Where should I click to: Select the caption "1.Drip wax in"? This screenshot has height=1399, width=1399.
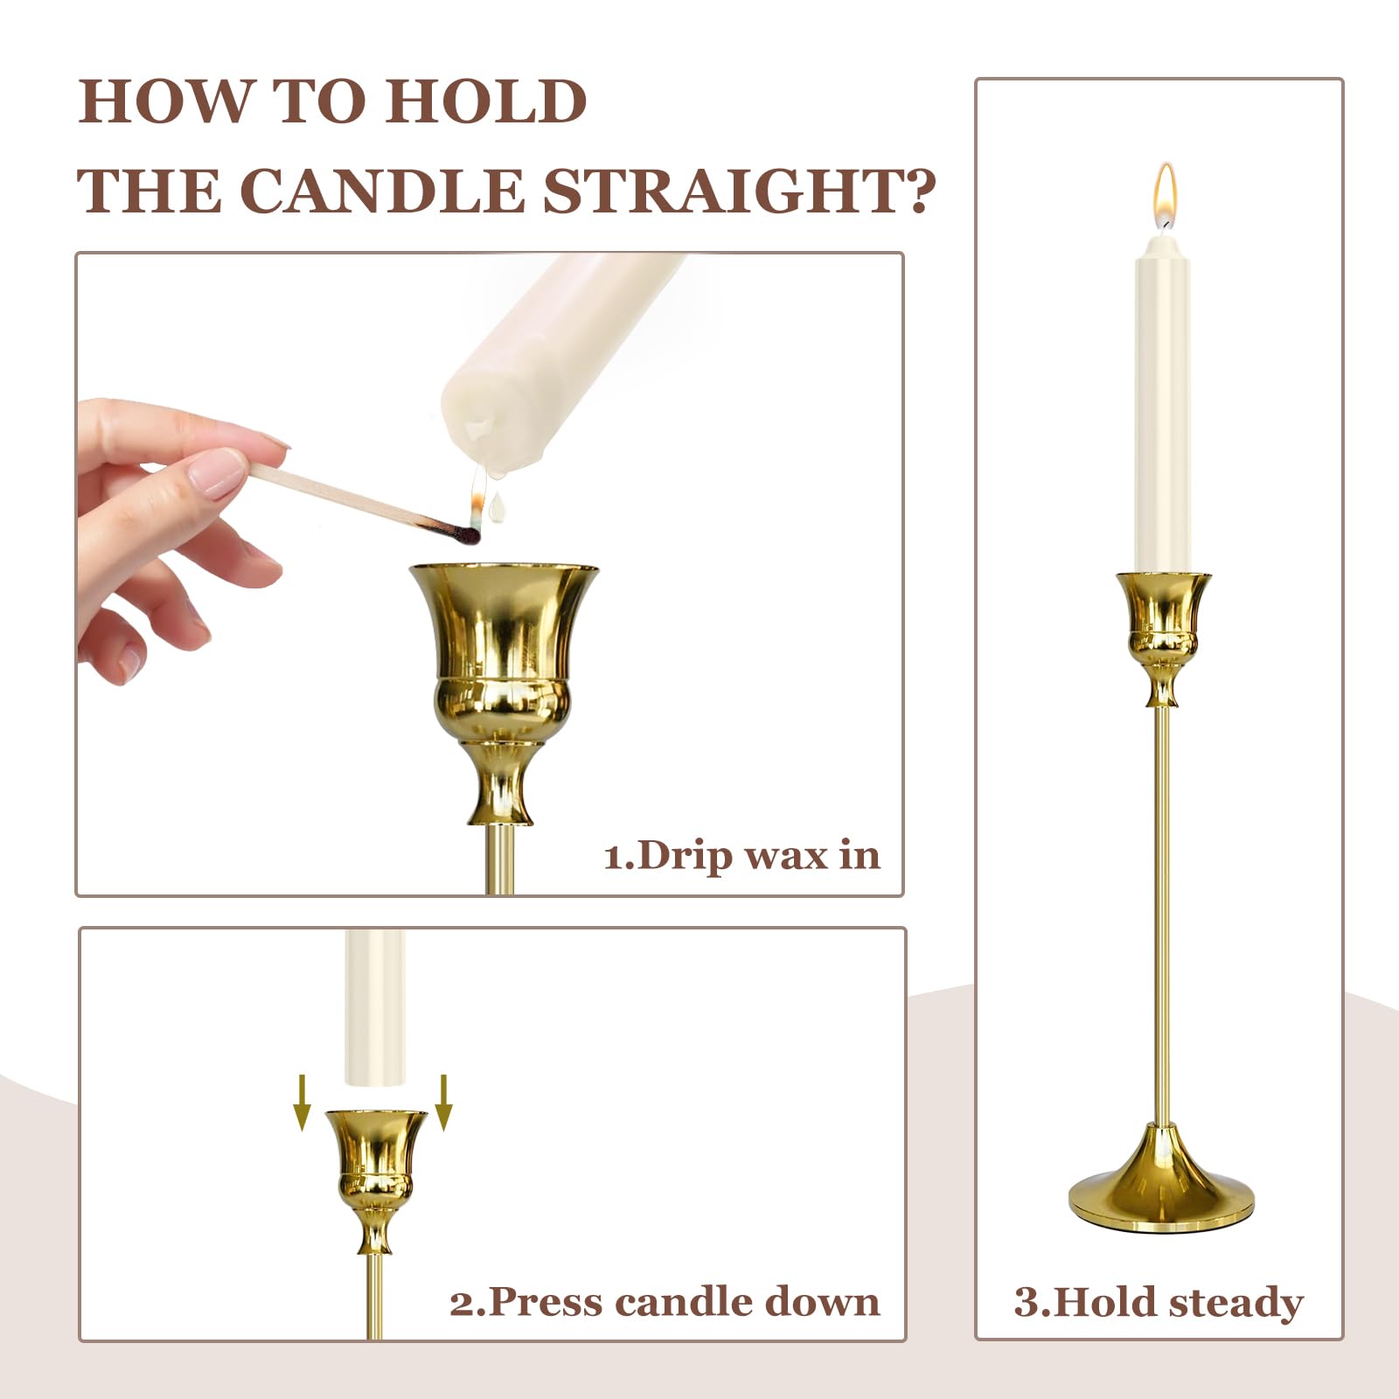tap(741, 855)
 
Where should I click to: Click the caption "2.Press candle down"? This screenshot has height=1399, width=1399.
tap(665, 1302)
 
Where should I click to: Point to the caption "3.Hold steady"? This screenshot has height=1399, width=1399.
tap(1159, 1302)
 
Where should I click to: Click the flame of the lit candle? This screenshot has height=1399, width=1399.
tap(1164, 195)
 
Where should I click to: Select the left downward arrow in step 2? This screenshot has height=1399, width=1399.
tap(303, 1103)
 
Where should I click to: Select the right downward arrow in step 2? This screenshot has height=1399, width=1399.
tap(443, 1103)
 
